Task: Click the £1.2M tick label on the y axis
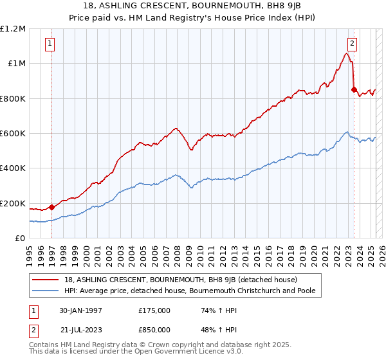[x=13, y=28]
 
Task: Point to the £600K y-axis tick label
[x=13, y=134]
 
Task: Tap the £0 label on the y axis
[x=19, y=239]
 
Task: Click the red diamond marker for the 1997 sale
[x=51, y=208]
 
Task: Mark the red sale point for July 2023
[x=354, y=89]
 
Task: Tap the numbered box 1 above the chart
[x=50, y=44]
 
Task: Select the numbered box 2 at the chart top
[x=352, y=44]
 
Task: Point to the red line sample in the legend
[x=46, y=280]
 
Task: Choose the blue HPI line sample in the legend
[x=46, y=291]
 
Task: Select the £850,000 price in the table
[x=154, y=329]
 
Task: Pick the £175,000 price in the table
[x=154, y=310]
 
